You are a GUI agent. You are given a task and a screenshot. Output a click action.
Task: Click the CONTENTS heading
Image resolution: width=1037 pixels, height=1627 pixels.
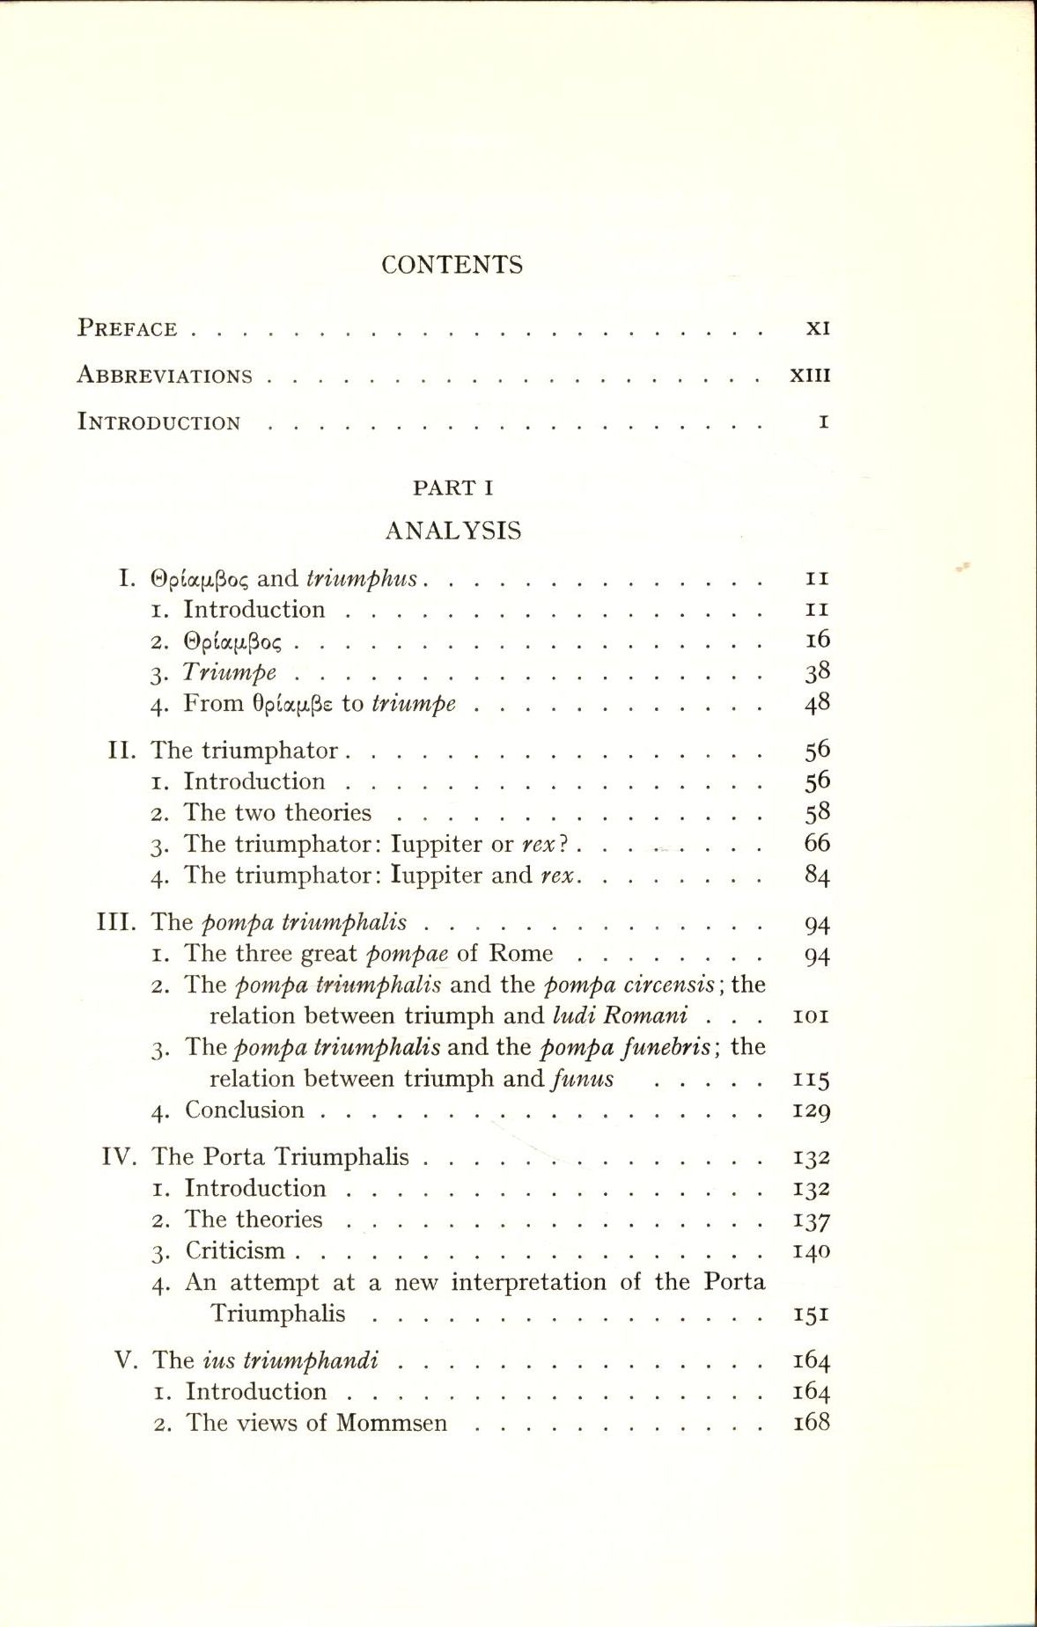click(452, 265)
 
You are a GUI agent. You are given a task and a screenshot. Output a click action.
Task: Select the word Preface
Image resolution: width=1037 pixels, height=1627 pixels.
click(128, 328)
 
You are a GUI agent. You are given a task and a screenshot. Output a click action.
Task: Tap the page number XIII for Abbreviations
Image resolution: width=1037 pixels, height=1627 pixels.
click(810, 376)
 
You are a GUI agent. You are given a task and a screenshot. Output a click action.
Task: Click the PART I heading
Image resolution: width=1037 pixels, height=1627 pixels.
click(452, 487)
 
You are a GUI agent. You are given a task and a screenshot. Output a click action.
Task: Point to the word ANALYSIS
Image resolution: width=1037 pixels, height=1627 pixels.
click(453, 531)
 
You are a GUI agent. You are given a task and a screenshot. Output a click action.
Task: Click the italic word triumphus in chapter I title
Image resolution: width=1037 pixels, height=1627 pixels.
click(362, 578)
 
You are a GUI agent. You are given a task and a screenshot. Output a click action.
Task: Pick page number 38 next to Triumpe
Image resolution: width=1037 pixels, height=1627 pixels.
click(817, 672)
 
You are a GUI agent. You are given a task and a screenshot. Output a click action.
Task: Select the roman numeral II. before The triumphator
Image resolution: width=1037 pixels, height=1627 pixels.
click(121, 751)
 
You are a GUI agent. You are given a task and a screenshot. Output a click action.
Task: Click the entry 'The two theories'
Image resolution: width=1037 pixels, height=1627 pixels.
click(277, 813)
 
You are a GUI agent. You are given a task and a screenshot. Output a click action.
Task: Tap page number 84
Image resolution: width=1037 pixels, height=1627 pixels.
click(817, 876)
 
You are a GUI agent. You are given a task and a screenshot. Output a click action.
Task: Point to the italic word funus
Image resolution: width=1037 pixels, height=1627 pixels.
click(581, 1079)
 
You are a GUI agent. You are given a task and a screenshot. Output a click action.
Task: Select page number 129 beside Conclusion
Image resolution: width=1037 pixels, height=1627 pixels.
click(812, 1110)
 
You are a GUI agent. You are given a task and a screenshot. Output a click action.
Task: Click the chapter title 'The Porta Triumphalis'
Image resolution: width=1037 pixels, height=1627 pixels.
click(280, 1156)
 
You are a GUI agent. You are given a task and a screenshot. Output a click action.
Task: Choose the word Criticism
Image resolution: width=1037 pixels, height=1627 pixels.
click(235, 1250)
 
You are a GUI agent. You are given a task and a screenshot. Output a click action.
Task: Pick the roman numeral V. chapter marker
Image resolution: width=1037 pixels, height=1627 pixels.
click(127, 1360)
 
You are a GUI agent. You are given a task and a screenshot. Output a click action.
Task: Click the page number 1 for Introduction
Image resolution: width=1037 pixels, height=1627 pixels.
click(823, 422)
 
